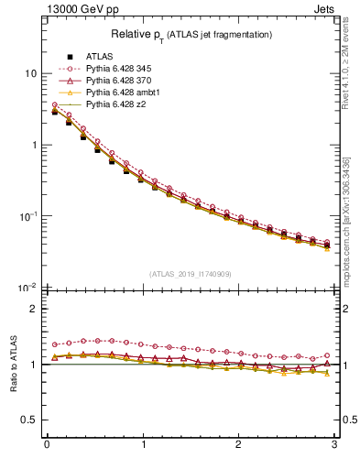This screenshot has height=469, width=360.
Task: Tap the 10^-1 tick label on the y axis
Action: pos(27,216)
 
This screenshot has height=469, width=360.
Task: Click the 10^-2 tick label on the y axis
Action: pos(27,288)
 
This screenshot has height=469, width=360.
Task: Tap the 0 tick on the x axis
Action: pos(46,446)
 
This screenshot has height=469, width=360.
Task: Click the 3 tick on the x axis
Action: pos(334,446)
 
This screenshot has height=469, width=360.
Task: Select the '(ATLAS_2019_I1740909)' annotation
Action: pos(190,274)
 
